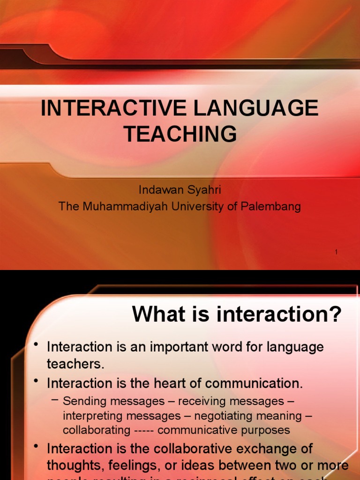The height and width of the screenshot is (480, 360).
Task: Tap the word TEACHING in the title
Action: pos(180,134)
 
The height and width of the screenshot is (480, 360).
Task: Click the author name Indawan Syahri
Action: pos(180,190)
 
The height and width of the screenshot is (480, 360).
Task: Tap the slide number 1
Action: pos(337,252)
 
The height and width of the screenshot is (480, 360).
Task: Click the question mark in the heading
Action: pos(336,314)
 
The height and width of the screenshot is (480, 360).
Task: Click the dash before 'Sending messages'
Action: pos(55,400)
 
